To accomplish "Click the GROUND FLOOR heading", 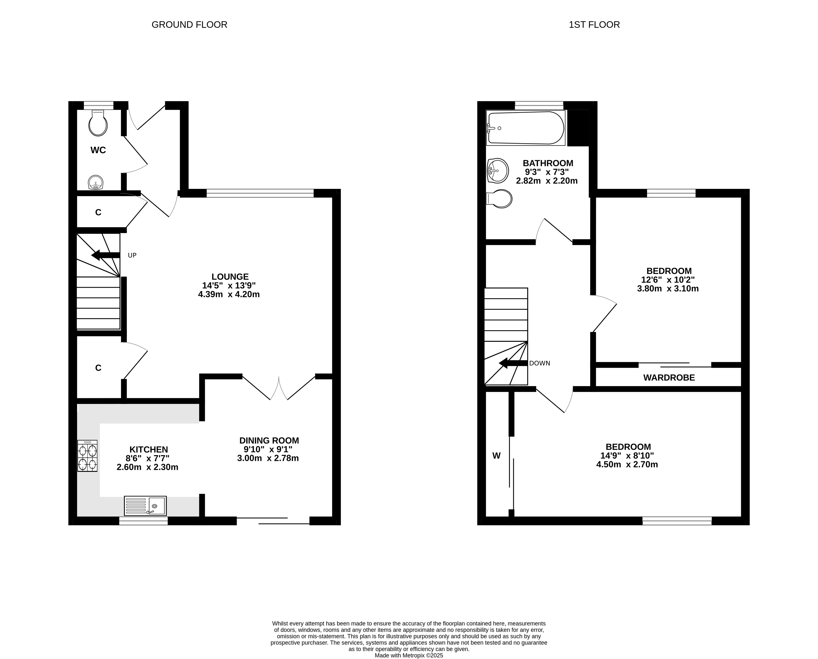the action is point(189,25).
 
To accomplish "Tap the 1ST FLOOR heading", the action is point(594,25).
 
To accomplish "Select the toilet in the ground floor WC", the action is point(98,123).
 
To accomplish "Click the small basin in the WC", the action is point(96,182).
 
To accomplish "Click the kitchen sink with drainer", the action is point(145,506).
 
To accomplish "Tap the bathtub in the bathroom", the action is point(526,128).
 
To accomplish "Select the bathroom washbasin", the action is point(498,170).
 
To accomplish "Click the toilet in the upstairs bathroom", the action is point(499,199).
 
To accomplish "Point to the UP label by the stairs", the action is point(132,255).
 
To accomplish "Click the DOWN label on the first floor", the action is point(540,363).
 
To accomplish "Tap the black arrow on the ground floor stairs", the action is point(105,255).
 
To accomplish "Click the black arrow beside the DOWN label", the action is point(513,363).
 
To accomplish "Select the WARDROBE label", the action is point(669,378).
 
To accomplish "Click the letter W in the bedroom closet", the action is point(496,456).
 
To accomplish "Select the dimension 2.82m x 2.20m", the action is point(547,181).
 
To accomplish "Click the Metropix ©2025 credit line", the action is point(409,655).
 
